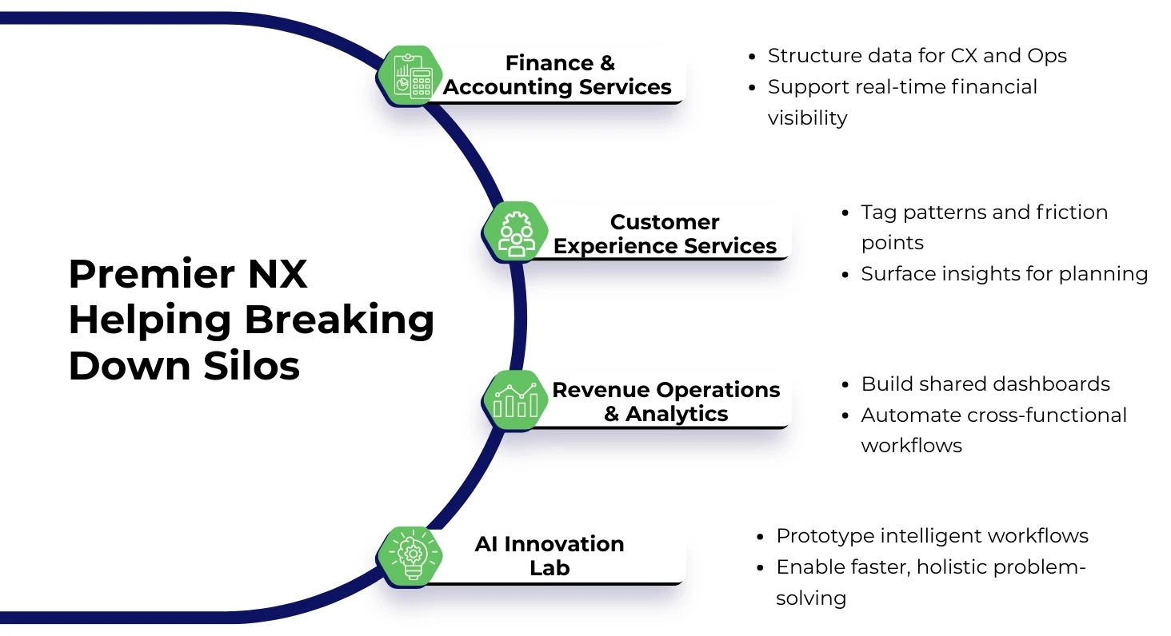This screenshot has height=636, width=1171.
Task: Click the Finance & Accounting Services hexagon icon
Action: click(410, 76)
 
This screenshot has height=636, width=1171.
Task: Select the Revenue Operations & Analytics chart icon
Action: click(516, 400)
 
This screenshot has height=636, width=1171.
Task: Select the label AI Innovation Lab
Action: click(550, 555)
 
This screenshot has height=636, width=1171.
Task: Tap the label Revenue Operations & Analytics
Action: click(665, 401)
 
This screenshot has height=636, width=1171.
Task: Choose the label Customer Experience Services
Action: click(665, 233)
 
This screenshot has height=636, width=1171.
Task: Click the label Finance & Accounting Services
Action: click(557, 75)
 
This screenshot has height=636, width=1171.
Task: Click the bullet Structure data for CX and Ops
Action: click(917, 56)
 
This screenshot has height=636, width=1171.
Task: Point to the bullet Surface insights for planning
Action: click(1004, 274)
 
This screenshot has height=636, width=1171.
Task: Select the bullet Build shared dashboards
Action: click(985, 384)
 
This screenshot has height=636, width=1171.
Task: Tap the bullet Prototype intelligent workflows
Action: click(932, 536)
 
